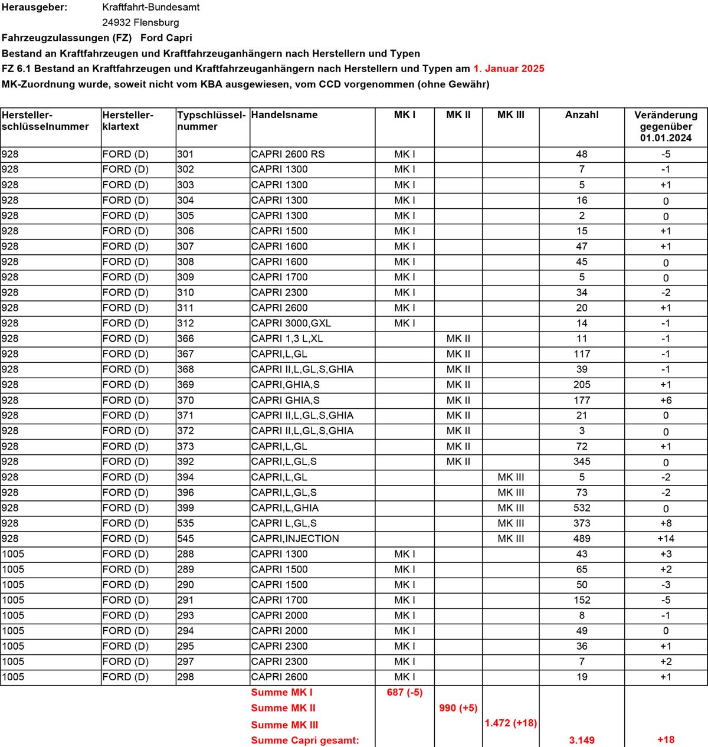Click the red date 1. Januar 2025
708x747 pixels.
pyautogui.click(x=509, y=68)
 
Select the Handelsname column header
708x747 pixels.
pyautogui.click(x=284, y=115)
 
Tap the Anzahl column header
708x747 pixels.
pyautogui.click(x=582, y=115)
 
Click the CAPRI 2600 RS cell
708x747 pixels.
pyautogui.click(x=288, y=154)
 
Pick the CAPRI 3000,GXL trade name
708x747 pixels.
pyautogui.click(x=291, y=323)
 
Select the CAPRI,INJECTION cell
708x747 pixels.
pyautogui.click(x=295, y=539)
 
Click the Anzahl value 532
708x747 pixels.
pyautogui.click(x=582, y=508)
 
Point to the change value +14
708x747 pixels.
pyautogui.click(x=666, y=539)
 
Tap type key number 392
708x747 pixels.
pyautogui.click(x=185, y=462)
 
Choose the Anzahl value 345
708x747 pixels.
pyautogui.click(x=582, y=462)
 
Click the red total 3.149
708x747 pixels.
pyautogui.click(x=582, y=740)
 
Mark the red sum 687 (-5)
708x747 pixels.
pyautogui.click(x=405, y=693)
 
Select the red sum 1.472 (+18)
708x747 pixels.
pyautogui.click(x=511, y=723)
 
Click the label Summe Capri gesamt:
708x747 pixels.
pyautogui.click(x=305, y=740)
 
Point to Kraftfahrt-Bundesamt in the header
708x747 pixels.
pyautogui.click(x=151, y=7)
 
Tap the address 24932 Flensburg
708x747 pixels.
pyautogui.click(x=140, y=22)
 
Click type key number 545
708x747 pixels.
pyautogui.click(x=185, y=539)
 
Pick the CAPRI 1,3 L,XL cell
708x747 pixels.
pyautogui.click(x=287, y=339)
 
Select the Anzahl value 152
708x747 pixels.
pyautogui.click(x=582, y=600)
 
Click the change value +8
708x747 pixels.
pyautogui.click(x=666, y=523)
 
